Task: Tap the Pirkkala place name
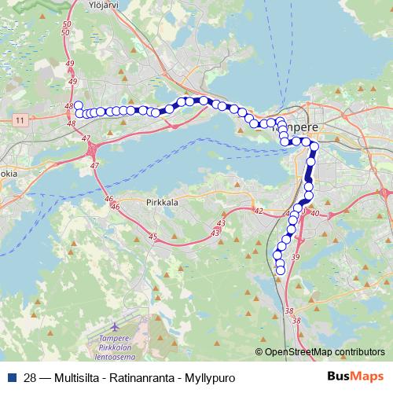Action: [x=162, y=202]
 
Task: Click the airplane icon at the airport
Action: [x=117, y=325]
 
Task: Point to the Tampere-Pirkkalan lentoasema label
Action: [x=123, y=343]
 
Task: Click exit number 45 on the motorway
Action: [x=152, y=237]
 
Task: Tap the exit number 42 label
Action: [x=258, y=211]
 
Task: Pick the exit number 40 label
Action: [x=315, y=213]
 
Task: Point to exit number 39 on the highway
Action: [x=296, y=257]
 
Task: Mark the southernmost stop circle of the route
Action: [x=281, y=271]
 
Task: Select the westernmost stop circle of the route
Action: [x=77, y=105]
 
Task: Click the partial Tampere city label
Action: [x=303, y=126]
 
